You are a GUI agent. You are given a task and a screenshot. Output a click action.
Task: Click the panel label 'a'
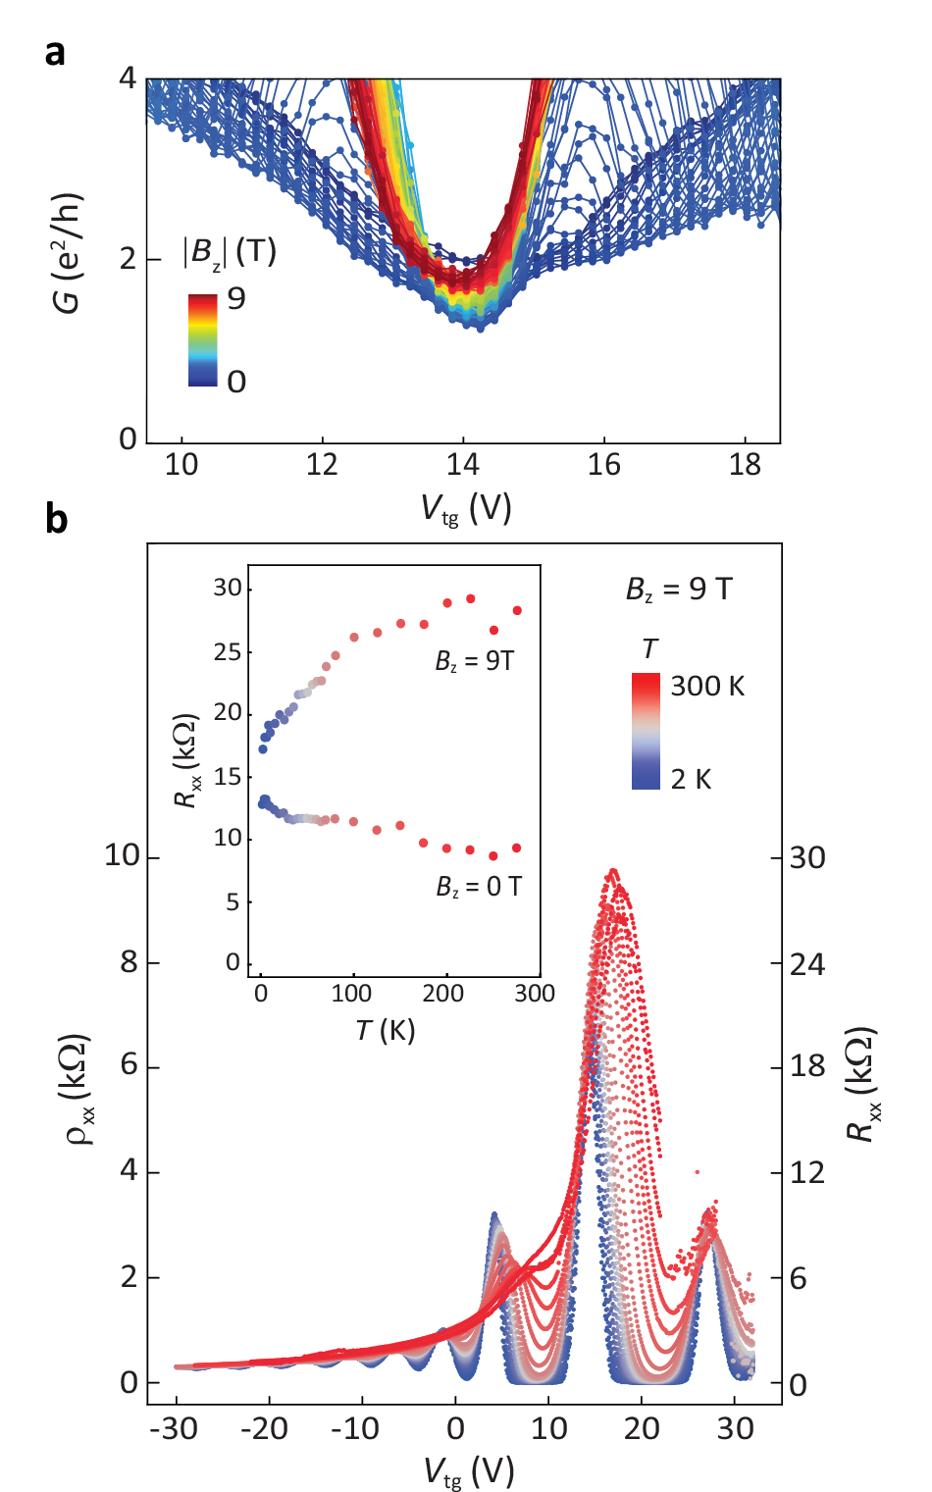(55, 52)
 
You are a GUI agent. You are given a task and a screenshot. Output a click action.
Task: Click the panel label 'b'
(56, 518)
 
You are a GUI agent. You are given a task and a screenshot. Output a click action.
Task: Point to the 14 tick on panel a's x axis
(463, 464)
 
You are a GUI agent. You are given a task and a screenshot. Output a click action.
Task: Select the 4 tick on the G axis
(128, 77)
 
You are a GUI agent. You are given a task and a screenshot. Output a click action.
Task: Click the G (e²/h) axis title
(67, 254)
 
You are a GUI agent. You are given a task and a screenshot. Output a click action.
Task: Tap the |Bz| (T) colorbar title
(230, 252)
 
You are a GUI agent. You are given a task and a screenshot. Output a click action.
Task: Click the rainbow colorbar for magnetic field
(202, 339)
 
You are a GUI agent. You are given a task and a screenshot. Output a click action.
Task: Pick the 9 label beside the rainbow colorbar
(236, 298)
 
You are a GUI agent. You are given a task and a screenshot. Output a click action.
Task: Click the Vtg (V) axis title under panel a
(466, 508)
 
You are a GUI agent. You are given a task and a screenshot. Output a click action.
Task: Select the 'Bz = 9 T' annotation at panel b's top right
(679, 589)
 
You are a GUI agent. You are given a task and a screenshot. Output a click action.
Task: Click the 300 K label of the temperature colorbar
(707, 686)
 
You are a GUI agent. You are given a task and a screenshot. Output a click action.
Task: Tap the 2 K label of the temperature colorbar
(691, 779)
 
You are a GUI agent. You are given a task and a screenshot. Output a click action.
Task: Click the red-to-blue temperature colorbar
(646, 731)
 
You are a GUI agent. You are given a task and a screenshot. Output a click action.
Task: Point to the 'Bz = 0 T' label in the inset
(479, 887)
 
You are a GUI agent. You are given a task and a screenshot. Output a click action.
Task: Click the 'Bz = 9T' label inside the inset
(475, 661)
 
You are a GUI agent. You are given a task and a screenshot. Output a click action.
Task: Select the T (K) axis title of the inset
(386, 1030)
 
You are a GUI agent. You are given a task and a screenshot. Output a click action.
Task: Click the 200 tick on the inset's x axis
(442, 994)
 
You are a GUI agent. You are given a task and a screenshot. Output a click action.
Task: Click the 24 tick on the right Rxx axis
(807, 964)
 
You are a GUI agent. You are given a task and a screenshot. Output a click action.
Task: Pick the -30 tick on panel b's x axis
(174, 1428)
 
